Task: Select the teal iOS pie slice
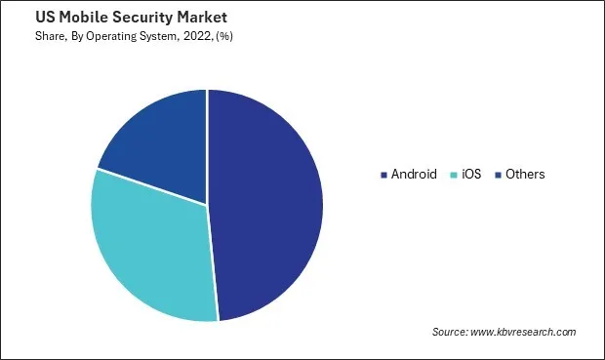(151, 249)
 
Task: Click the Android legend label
(414, 175)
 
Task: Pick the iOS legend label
(472, 175)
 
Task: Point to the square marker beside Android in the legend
(383, 176)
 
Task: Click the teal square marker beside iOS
(454, 176)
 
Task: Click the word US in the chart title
(20, 18)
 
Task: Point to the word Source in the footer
(451, 333)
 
